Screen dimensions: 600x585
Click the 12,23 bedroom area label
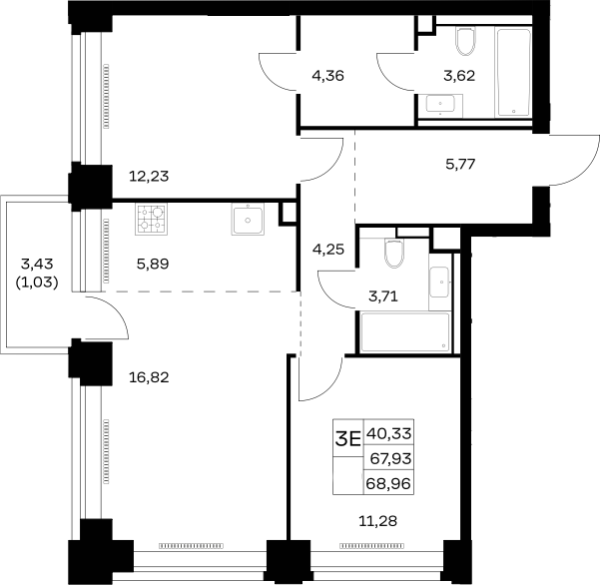149,177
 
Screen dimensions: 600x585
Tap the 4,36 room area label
327,76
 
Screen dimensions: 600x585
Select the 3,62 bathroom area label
459,76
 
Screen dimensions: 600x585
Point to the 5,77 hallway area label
460,164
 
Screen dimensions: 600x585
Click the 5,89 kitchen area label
153,264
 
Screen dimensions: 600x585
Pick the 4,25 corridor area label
328,250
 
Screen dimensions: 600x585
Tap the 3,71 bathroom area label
383,296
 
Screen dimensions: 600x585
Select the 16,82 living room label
149,377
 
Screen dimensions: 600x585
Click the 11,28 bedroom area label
377,521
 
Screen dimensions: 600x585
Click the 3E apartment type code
348,439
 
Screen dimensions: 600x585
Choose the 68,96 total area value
388,483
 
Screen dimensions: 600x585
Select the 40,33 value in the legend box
389,434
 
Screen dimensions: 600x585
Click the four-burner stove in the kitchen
151,220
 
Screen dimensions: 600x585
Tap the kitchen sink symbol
248,220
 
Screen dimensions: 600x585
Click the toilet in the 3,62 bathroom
466,41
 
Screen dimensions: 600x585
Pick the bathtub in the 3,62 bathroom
513,72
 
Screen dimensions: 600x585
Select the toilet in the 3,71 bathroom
394,253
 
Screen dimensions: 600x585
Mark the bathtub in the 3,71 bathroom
405,332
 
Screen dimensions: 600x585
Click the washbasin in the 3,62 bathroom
441,105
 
